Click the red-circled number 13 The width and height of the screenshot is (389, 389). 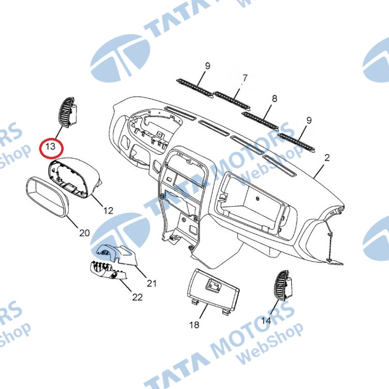pyautogui.click(x=51, y=146)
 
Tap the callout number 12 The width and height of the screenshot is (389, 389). pyautogui.click(x=108, y=211)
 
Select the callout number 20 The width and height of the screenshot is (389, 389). pyautogui.click(x=84, y=233)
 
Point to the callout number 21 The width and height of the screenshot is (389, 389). pyautogui.click(x=152, y=283)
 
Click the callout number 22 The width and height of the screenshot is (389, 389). pyautogui.click(x=138, y=297)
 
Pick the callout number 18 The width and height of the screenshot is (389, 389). pyautogui.click(x=194, y=325)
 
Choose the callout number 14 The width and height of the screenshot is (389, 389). pyautogui.click(x=266, y=321)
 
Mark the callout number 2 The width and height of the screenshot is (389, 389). pyautogui.click(x=327, y=158)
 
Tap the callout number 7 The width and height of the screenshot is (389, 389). pyautogui.click(x=245, y=78)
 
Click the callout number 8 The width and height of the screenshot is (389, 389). pyautogui.click(x=274, y=99)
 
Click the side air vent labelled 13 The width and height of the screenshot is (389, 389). pyautogui.click(x=68, y=112)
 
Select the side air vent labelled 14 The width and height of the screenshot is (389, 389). pyautogui.click(x=283, y=285)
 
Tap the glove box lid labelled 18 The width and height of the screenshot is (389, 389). pyautogui.click(x=213, y=290)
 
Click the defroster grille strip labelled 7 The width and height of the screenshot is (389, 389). pyautogui.click(x=232, y=101)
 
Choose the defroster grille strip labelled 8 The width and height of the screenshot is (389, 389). pyautogui.click(x=260, y=121)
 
